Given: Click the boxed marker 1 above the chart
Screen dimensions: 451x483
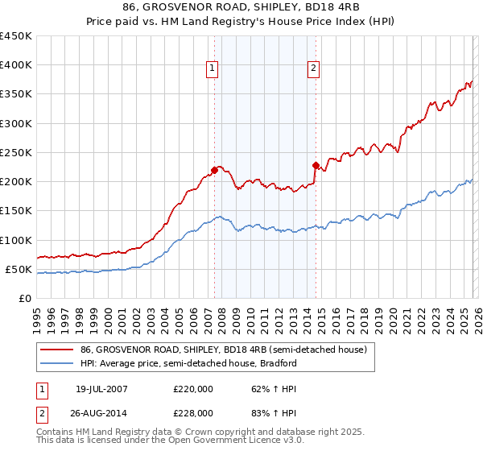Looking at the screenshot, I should pos(211,69).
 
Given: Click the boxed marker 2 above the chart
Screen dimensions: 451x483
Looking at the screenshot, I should pos(312,69).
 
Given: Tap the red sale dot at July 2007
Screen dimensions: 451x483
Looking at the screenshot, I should pos(215,170).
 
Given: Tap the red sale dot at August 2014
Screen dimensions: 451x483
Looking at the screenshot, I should pos(316,165).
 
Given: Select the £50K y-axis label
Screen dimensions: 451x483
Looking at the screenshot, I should pos(19,269).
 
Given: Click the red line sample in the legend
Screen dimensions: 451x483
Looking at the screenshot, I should pos(57,350).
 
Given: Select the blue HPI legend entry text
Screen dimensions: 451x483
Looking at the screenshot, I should pos(188,363).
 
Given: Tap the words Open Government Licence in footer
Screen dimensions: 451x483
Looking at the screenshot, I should pos(218,441).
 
